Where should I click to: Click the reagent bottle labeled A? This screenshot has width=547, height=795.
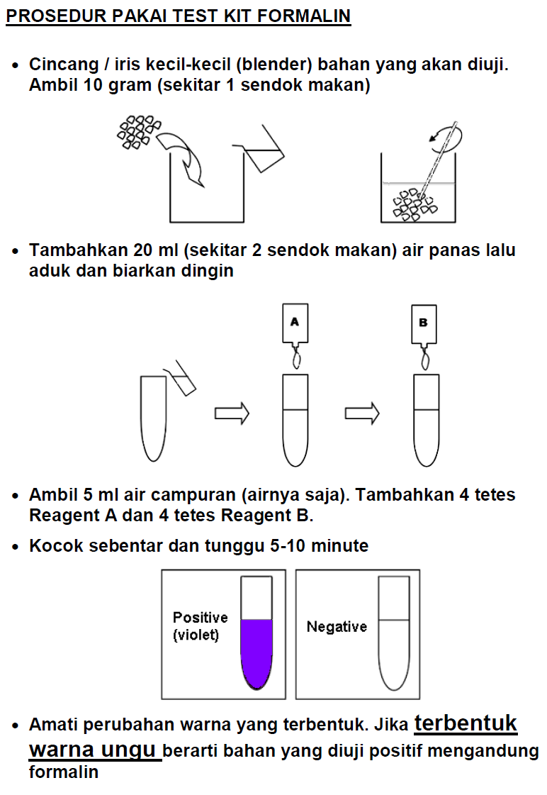pyautogui.click(x=295, y=323)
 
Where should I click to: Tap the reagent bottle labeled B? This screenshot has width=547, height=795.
pyautogui.click(x=424, y=323)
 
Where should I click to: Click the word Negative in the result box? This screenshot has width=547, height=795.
pyautogui.click(x=337, y=627)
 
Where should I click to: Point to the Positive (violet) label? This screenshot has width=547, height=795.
pyautogui.click(x=200, y=626)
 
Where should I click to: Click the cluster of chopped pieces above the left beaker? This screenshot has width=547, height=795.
pyautogui.click(x=137, y=132)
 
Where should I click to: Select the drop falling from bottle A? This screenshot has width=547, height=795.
pyautogui.click(x=297, y=360)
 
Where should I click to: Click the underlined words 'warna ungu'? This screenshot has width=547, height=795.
pyautogui.click(x=95, y=750)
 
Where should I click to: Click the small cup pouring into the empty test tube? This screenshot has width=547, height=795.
pyautogui.click(x=181, y=379)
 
